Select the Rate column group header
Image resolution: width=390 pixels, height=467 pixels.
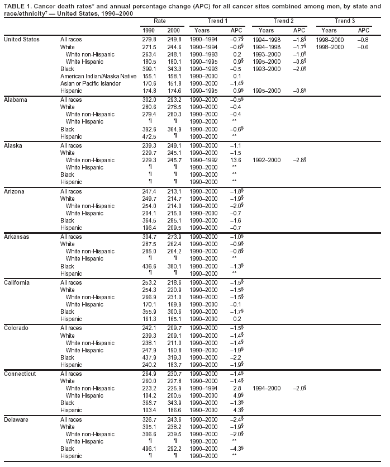pos(159,21)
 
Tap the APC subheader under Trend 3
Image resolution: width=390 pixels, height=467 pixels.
pos(364,30)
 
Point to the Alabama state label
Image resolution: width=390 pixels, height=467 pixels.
pos(16,99)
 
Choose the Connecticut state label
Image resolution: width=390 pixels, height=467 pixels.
pos(20,374)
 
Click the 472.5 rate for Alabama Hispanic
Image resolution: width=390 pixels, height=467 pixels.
pos(150,136)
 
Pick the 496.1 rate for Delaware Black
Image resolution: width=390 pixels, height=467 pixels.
pos(150,449)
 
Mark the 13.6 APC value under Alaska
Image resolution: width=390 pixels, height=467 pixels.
pos(236,159)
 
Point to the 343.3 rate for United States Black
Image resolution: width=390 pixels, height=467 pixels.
pos(174,68)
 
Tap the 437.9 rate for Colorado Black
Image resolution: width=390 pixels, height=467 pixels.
pos(150,357)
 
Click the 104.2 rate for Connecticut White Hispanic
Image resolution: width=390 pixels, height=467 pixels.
pos(150,395)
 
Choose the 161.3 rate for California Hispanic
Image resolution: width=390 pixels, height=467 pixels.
pos(150,319)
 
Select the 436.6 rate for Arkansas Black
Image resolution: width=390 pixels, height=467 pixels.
pos(150,266)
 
